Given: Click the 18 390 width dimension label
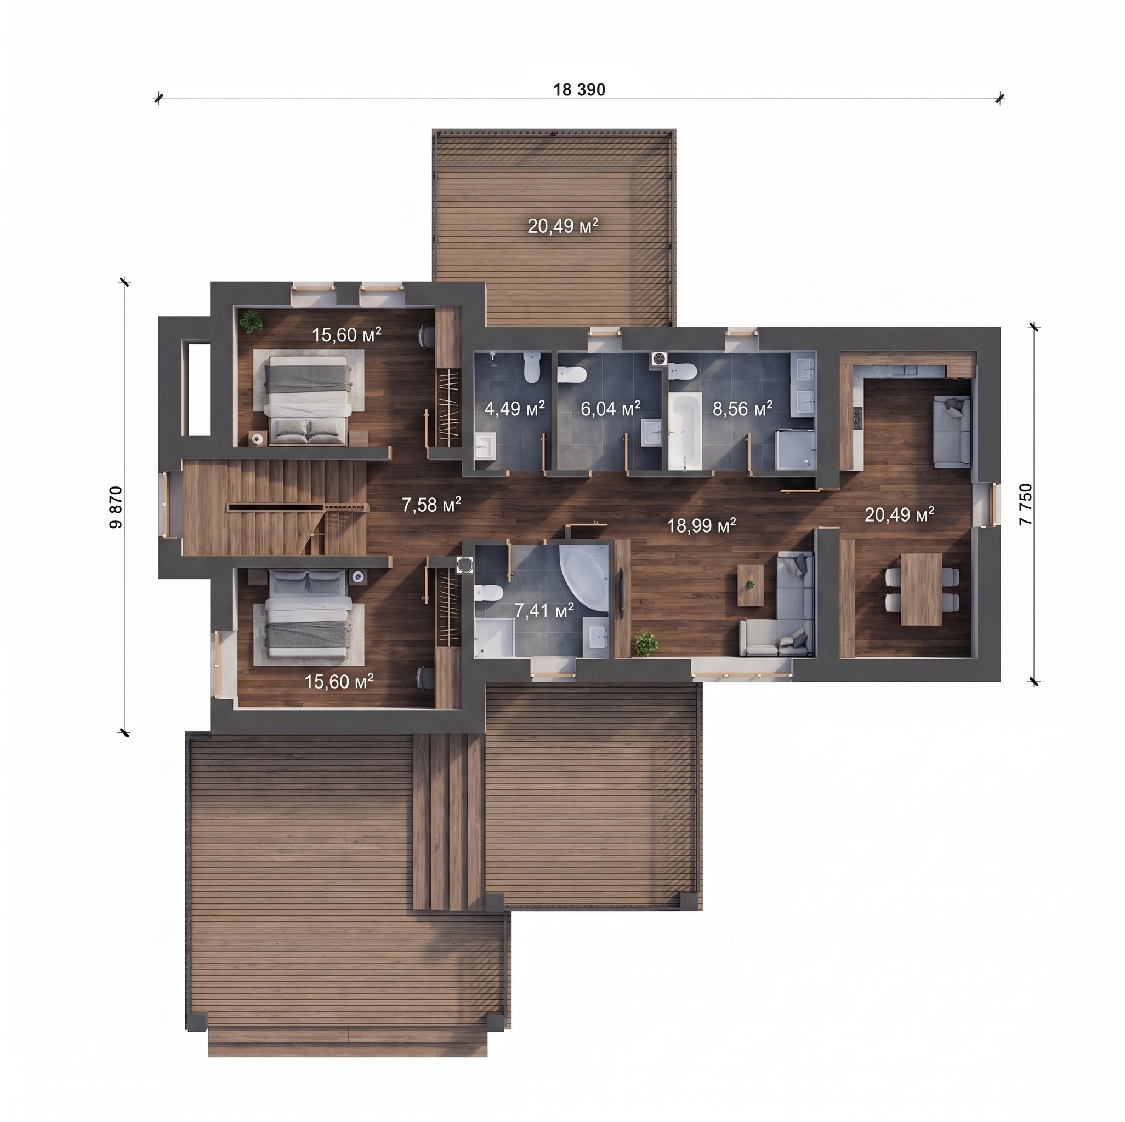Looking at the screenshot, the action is (579, 90).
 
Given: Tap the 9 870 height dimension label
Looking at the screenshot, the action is (116, 507).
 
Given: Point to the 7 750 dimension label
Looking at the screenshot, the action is (1025, 505).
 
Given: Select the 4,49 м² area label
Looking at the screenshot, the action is (515, 408).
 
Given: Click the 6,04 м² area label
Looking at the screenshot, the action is (610, 408).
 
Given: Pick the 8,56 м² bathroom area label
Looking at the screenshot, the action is (742, 408).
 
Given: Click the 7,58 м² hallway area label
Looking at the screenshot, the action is (431, 504).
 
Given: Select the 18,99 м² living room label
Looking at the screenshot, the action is (701, 525).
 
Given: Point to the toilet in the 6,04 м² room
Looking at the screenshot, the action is (571, 374).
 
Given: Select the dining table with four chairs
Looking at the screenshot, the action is (921, 589).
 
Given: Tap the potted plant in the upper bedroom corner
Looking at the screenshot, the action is (251, 321).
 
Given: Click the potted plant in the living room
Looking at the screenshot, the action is (646, 644).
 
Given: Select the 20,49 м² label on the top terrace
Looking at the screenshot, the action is (563, 226).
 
